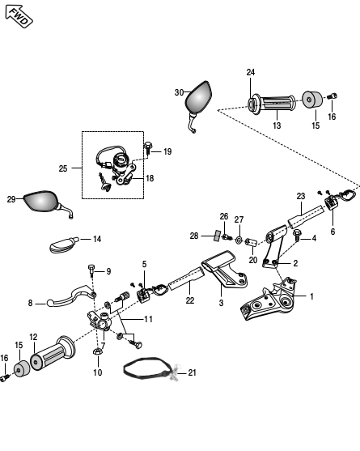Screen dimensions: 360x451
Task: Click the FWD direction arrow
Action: coord(19,16)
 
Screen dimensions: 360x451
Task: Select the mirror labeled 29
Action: coord(40,201)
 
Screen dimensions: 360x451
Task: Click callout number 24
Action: coord(251,72)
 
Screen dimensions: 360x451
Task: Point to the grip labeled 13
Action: coord(276,103)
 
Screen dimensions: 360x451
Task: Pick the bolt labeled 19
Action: coord(148,148)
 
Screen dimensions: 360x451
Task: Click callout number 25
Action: coord(63,168)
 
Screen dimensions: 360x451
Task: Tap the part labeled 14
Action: coord(64,245)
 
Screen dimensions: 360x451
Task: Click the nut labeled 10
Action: coord(98,351)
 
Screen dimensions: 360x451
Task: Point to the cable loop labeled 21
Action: coord(150,368)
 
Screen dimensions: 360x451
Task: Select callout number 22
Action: coord(190,300)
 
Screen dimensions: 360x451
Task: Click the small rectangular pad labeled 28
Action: coord(218,236)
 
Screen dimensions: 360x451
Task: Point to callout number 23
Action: coord(300,196)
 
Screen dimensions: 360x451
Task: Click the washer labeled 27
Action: coord(239,240)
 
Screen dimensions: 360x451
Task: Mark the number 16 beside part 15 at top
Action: coord(332,117)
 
